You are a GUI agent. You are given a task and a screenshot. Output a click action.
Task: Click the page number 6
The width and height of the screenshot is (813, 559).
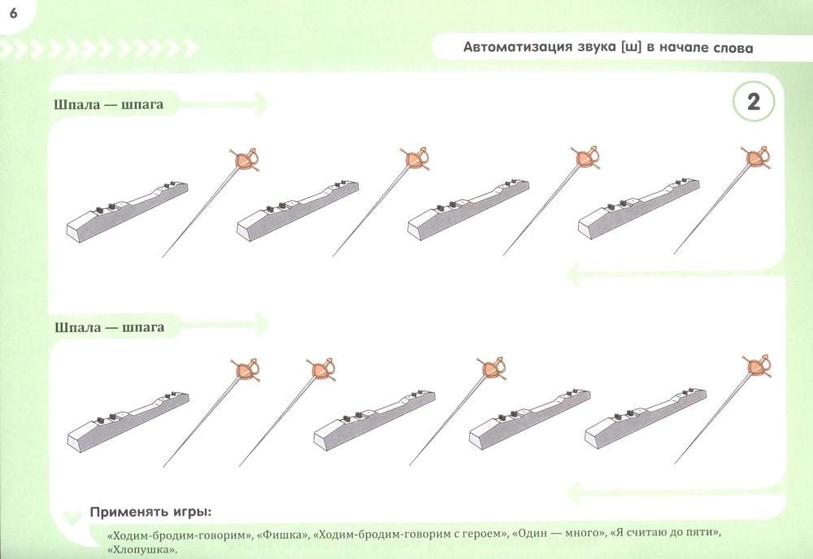click(x=14, y=13)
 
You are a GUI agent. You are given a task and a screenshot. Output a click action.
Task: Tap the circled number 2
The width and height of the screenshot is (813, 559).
click(x=753, y=102)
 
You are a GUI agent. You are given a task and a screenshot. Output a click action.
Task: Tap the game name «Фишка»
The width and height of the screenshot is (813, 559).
click(x=280, y=533)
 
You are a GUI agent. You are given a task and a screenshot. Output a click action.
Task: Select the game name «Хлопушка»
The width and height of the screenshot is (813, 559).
click(x=142, y=550)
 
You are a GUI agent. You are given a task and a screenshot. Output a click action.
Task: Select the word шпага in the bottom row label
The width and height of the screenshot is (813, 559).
click(x=142, y=328)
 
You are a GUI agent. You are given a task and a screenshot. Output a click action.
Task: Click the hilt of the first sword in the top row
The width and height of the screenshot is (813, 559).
click(x=245, y=159)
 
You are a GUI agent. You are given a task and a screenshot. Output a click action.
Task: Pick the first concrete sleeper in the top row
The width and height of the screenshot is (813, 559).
click(x=128, y=212)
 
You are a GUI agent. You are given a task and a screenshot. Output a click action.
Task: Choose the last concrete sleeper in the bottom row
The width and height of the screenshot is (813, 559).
click(x=646, y=419)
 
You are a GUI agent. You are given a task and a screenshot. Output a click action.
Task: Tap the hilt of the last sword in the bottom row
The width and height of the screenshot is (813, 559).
click(x=757, y=366)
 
